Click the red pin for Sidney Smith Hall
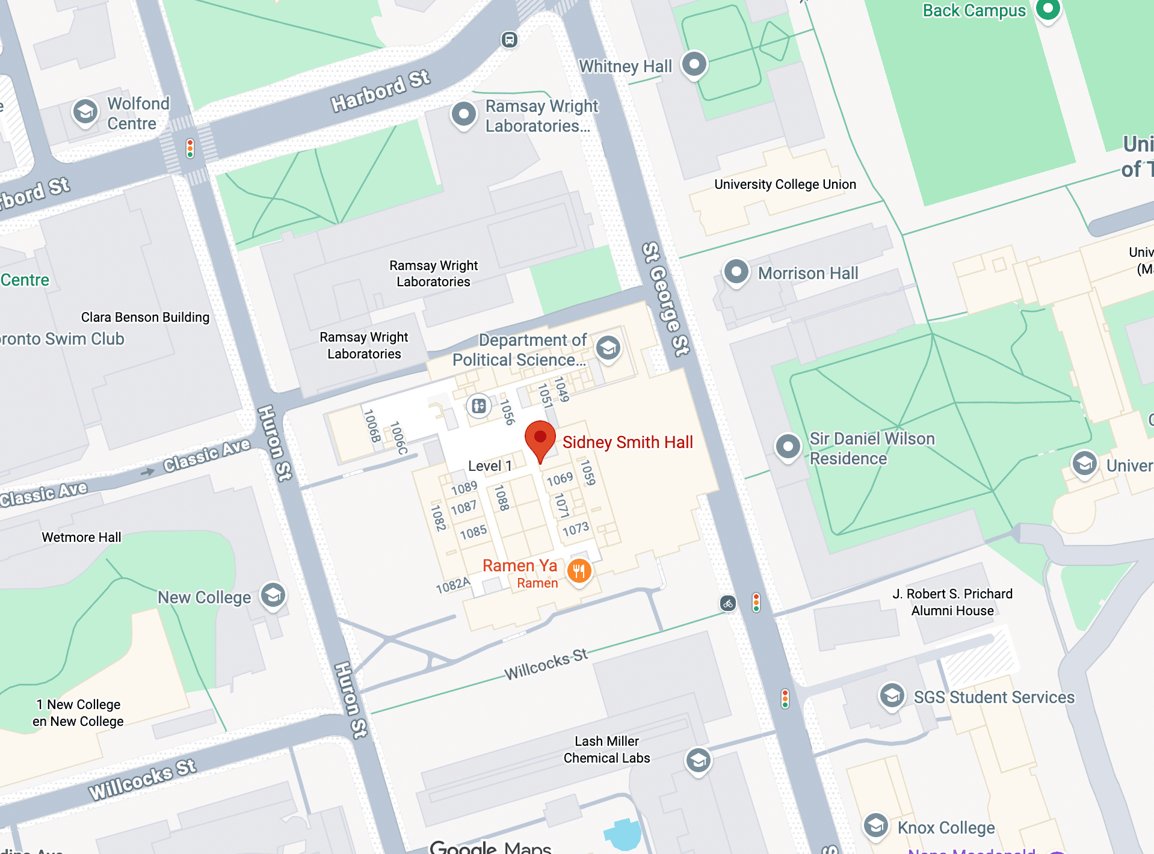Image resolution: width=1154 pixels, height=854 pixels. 540,438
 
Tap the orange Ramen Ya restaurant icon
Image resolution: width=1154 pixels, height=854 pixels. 579,571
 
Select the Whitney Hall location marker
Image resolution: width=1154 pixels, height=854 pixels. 694,64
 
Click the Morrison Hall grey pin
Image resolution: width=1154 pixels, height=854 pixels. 736,272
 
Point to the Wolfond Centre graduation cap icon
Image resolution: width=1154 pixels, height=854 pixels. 85,112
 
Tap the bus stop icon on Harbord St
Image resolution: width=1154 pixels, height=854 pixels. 509,40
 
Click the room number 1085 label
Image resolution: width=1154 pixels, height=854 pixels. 473,532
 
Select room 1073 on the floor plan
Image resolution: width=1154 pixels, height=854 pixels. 575,529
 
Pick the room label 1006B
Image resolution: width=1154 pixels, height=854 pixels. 372,425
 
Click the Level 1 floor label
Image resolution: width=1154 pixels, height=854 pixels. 490,466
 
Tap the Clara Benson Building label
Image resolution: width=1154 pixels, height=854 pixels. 145,317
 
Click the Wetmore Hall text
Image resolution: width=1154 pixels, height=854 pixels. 81,537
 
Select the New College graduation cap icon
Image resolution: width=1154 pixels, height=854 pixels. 273,595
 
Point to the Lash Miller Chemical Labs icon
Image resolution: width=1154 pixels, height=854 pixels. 698,761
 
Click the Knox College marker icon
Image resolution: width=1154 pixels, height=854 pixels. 875,825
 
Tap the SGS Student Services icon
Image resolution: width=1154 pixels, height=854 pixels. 892,696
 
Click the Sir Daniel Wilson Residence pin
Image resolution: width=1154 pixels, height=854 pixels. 788,447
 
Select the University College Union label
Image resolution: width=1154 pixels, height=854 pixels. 785,185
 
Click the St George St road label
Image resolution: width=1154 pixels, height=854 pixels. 665,299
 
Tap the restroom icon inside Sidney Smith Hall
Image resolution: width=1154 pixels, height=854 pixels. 479,406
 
